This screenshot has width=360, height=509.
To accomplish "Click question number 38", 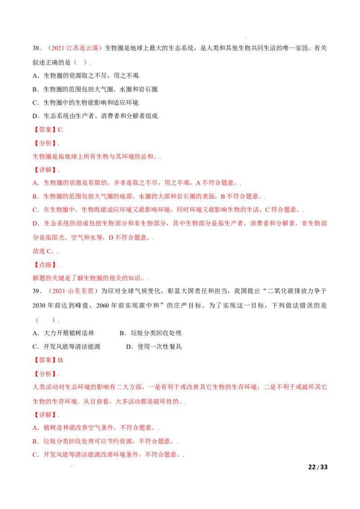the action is pyautogui.click(x=36, y=49).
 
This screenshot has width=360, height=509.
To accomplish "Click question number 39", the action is pyautogui.click(x=36, y=291).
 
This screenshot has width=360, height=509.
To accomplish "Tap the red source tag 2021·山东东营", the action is pyautogui.click(x=72, y=291).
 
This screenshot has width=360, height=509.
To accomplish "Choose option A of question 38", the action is pyautogui.click(x=86, y=76).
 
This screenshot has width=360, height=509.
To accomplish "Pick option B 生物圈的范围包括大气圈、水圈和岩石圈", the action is pyautogui.click(x=95, y=89).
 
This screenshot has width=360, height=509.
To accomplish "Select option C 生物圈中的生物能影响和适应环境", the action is pyautogui.click(x=86, y=103).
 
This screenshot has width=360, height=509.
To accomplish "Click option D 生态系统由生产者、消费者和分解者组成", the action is pyautogui.click(x=96, y=116).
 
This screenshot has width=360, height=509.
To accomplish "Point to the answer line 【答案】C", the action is pyautogui.click(x=48, y=129).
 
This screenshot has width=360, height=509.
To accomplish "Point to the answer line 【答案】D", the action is pyautogui.click(x=48, y=360).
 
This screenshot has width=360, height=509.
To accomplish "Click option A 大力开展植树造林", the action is pyautogui.click(x=63, y=333).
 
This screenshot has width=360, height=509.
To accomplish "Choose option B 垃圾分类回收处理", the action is pyautogui.click(x=151, y=333).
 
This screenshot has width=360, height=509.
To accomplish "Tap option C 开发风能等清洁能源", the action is pyautogui.click(x=67, y=347).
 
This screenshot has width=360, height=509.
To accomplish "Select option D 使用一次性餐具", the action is pyautogui.click(x=154, y=347).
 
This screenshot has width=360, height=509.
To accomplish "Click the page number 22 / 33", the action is pyautogui.click(x=318, y=467).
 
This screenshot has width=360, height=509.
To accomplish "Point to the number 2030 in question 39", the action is pyautogui.click(x=39, y=305).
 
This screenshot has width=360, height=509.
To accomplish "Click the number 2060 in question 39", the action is pyautogui.click(x=103, y=305).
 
